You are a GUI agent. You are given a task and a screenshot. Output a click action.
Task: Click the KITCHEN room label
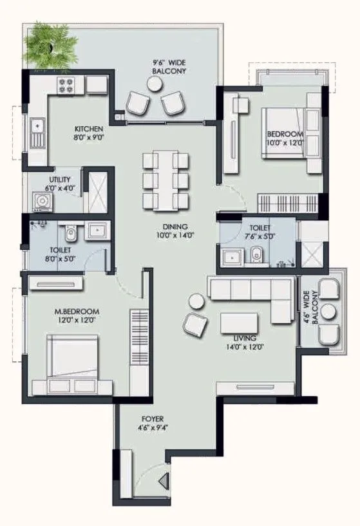89,133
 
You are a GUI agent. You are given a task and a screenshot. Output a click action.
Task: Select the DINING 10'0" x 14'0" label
175,230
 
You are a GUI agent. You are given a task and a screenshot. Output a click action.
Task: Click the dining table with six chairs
164,179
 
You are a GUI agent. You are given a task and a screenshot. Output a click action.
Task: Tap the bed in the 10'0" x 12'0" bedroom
289,134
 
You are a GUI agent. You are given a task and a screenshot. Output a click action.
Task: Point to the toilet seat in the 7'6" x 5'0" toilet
257,253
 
